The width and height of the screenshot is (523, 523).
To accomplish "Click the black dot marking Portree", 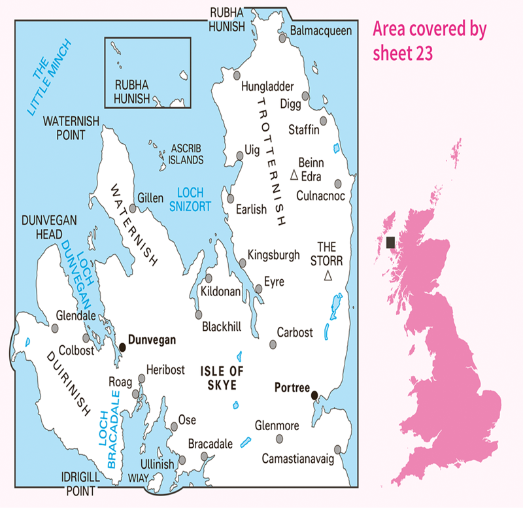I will click(314, 395).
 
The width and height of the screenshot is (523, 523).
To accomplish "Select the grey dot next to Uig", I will click(239, 155).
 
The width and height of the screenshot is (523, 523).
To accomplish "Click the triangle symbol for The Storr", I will click(328, 277).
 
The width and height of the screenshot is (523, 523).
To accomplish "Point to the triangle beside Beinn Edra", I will click(294, 175).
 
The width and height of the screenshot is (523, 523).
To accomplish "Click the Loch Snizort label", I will click(191, 199).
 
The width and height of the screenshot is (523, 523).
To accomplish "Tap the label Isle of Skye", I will click(221, 378).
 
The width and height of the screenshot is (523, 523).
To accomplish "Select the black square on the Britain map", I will click(390, 243).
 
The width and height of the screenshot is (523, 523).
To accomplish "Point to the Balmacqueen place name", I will click(321, 31).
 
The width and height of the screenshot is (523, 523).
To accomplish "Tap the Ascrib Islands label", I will click(187, 154).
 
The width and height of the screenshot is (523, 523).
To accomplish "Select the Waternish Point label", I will click(64, 127).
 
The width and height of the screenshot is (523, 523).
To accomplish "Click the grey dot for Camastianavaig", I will click(338, 449).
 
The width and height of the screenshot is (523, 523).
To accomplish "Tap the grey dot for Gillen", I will click(133, 209).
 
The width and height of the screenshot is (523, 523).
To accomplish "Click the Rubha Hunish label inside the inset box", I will click(133, 92).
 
